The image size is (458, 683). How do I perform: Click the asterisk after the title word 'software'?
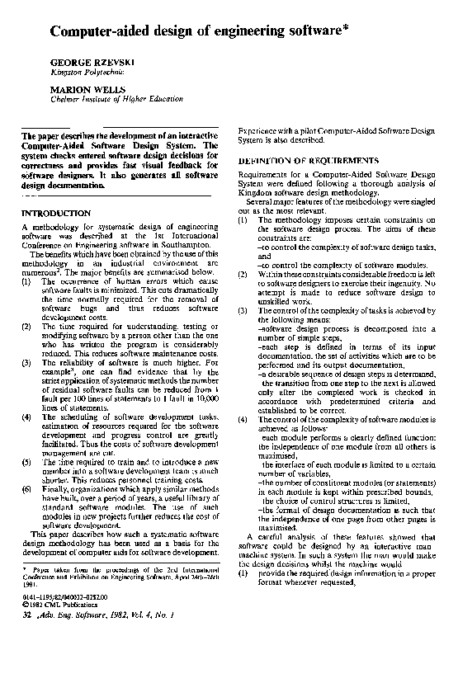click(x=346, y=29)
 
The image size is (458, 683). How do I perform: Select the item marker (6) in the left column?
click(x=26, y=489)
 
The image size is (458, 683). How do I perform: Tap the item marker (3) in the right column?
click(x=243, y=310)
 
